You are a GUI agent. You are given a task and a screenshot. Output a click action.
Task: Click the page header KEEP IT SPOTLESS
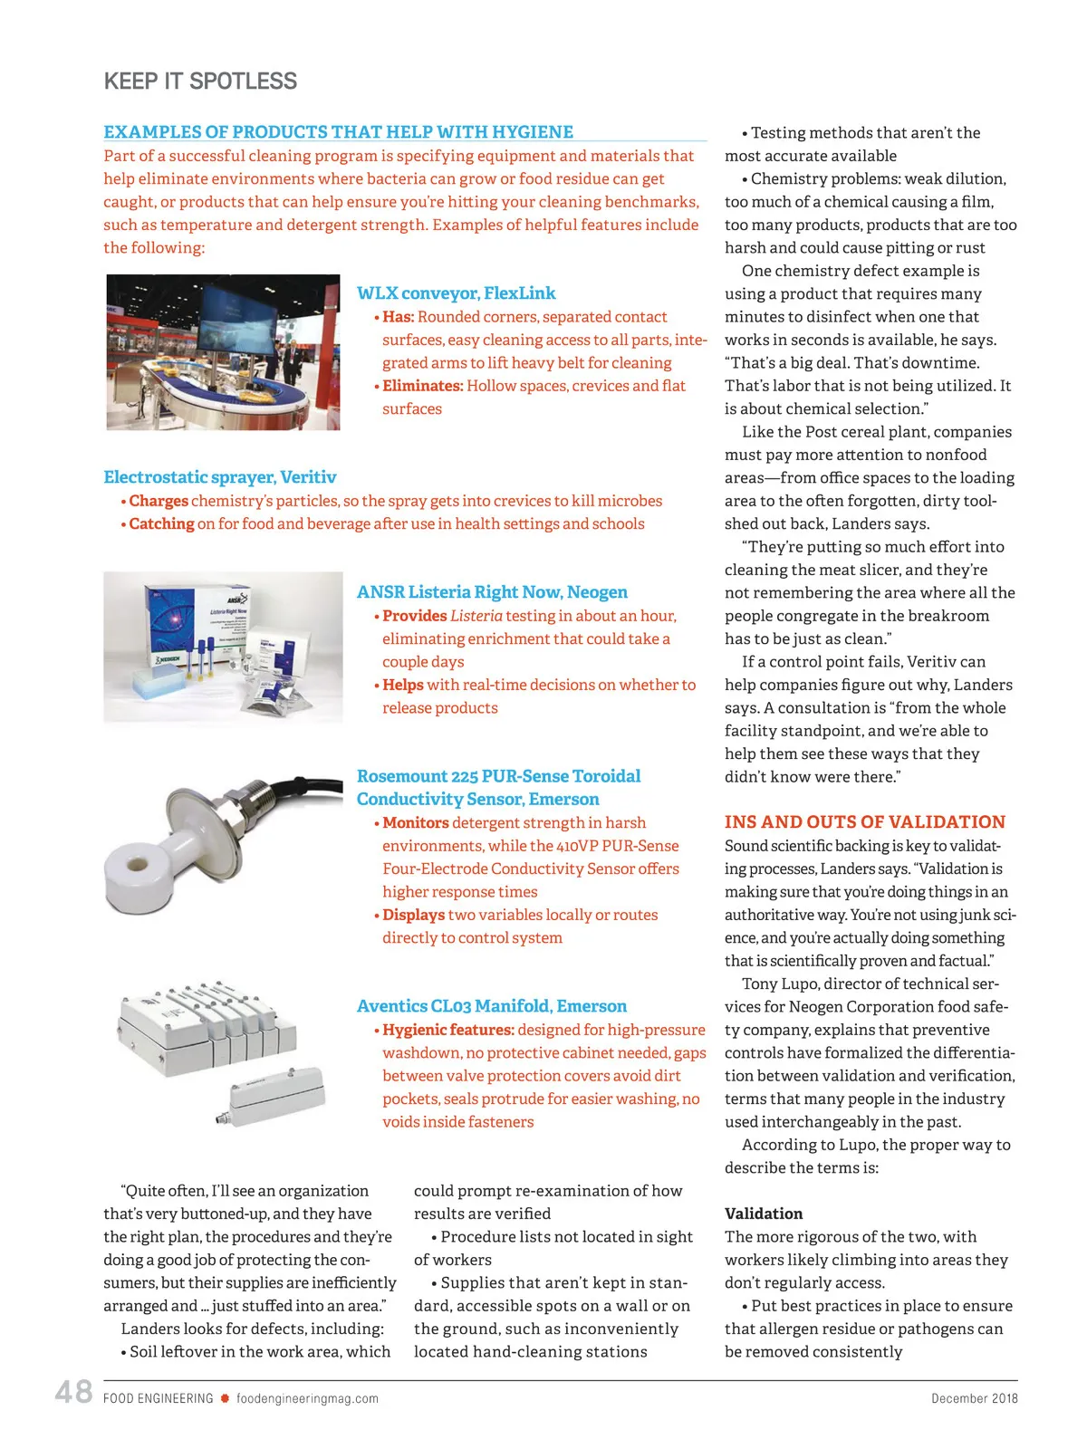pos(200,82)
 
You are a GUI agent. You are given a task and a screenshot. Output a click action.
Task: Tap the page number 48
pos(73,1391)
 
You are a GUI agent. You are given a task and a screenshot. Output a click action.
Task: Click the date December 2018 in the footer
pos(974,1398)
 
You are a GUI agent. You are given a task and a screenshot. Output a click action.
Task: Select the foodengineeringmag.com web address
pos(307,1398)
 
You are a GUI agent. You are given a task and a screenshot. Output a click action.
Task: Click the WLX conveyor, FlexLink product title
pos(456,293)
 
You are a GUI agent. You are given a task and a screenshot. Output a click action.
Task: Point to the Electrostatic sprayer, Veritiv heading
pos(219,477)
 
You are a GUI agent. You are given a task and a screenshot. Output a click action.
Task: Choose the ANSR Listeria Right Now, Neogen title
pos(492,592)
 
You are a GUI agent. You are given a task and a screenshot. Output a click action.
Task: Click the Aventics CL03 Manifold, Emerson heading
pos(491,1006)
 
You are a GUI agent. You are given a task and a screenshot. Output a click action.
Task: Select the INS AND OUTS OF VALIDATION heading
pos(864,822)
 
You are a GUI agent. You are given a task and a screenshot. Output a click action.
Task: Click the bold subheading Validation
pos(764,1214)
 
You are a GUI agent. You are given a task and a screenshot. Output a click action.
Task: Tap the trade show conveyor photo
pos(223,351)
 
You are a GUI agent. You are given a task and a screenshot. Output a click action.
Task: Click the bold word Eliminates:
pos(422,386)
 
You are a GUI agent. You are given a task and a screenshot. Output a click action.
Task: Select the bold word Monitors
pos(415,822)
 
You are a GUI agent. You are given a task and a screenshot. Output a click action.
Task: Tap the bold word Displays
pos(413,915)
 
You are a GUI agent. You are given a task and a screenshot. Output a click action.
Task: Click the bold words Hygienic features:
pos(447,1030)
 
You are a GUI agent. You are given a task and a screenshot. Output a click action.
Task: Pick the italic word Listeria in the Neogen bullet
pos(476,616)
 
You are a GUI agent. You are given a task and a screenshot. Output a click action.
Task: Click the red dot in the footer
pos(225,1398)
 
